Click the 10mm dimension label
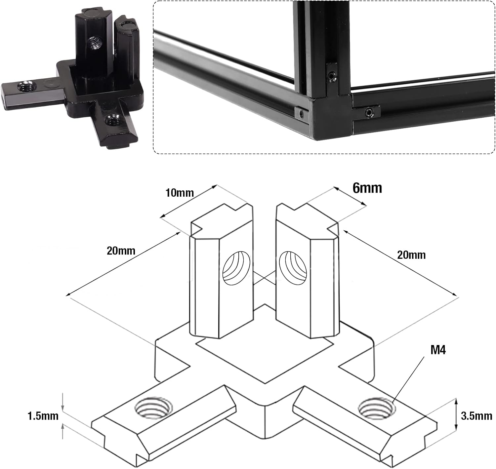click(180, 192)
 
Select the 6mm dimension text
click(367, 188)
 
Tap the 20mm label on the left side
click(121, 251)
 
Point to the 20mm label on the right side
click(411, 255)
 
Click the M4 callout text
click(438, 349)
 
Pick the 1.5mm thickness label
click(43, 416)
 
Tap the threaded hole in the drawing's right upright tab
click(293, 267)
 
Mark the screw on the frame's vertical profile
click(331, 77)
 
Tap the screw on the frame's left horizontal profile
click(301, 114)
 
